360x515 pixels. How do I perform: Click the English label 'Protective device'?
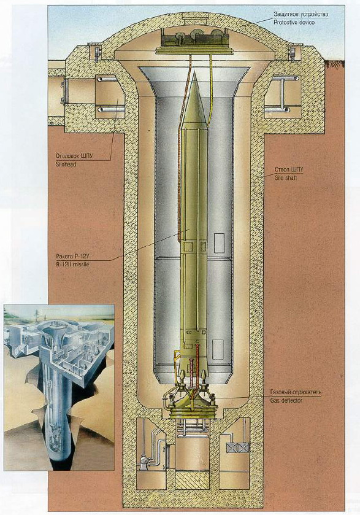pyautogui.click(x=294, y=23)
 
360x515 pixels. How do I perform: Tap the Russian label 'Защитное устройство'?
pyautogui.click(x=301, y=15)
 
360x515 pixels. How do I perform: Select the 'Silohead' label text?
pyautogui.click(x=66, y=163)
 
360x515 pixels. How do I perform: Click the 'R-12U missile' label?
pyautogui.click(x=72, y=264)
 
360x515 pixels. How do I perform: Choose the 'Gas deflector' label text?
pyautogui.click(x=286, y=400)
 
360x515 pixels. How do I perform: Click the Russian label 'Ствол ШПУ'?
pyautogui.click(x=289, y=170)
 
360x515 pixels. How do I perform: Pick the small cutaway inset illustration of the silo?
pyautogui.click(x=59, y=387)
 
